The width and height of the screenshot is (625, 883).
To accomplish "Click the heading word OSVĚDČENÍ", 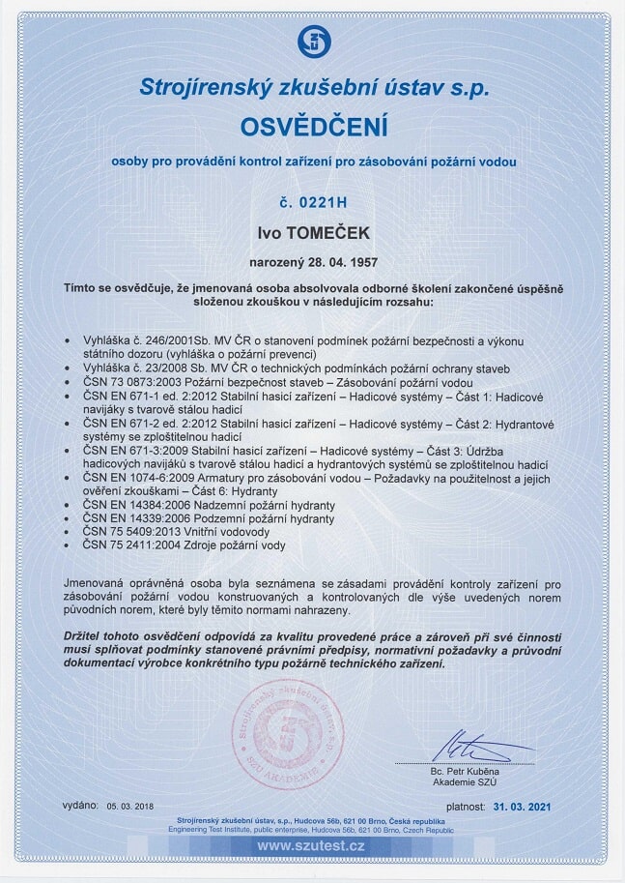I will tap(313, 126).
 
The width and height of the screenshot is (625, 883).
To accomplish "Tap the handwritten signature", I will tap(473, 747).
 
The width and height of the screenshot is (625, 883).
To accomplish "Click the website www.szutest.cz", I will tap(313, 847).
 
